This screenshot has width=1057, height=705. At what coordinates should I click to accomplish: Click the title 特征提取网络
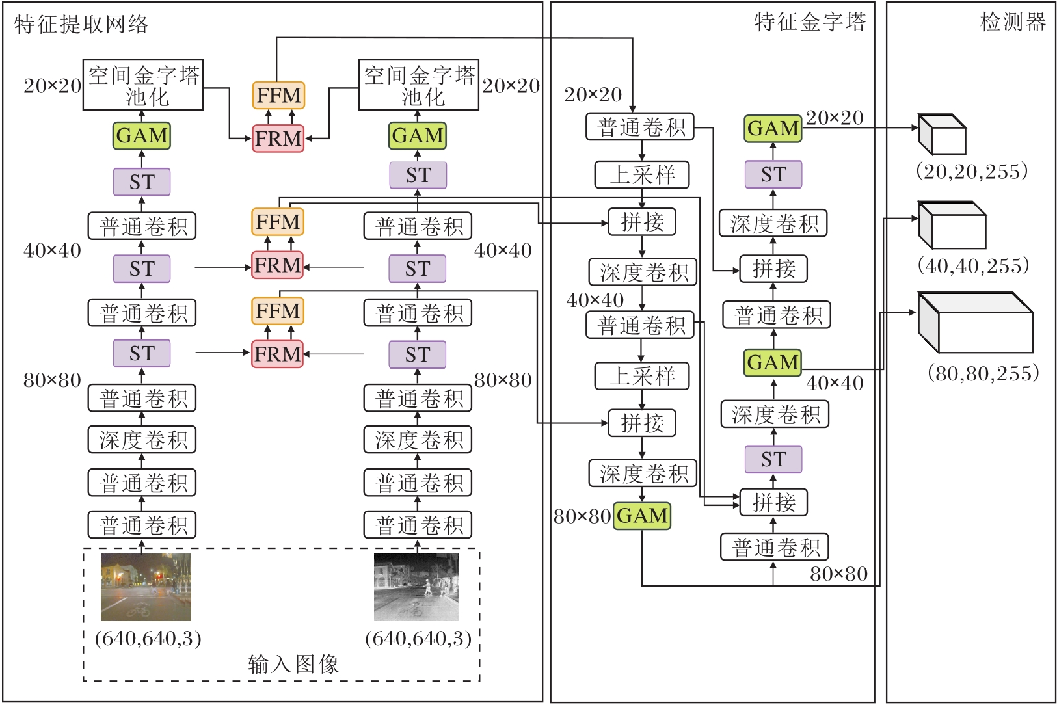81,25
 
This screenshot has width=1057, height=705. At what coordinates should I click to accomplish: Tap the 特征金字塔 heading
810,22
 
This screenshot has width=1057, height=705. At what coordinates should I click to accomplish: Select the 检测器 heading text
1013,22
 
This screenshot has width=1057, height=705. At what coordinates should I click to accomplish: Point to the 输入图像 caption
293,664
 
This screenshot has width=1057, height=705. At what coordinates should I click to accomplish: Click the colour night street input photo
146,587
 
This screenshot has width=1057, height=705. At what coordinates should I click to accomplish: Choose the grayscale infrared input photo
416,587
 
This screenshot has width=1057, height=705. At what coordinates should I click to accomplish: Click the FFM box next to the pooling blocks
278,96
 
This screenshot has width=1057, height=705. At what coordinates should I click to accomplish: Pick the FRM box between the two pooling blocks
278,139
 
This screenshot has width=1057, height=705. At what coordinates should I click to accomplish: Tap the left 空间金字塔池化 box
143,85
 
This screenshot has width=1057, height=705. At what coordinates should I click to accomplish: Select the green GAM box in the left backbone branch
142,136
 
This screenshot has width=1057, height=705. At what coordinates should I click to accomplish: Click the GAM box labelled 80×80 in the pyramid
642,516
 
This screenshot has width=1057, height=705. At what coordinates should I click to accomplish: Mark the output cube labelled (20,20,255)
941,135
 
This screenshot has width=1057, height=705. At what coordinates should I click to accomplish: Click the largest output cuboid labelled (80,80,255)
975,323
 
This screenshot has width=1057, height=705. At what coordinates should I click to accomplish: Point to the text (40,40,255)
973,265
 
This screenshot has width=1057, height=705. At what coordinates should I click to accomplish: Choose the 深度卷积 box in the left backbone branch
142,440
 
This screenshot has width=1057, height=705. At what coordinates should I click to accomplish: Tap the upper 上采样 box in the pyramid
642,175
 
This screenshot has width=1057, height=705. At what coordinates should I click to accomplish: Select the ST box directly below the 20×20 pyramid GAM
773,175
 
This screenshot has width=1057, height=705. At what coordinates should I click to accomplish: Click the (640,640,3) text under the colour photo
148,638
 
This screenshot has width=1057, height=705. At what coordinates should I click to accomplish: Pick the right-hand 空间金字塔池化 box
419,85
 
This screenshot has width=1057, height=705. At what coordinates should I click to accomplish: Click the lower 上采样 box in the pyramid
642,376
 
